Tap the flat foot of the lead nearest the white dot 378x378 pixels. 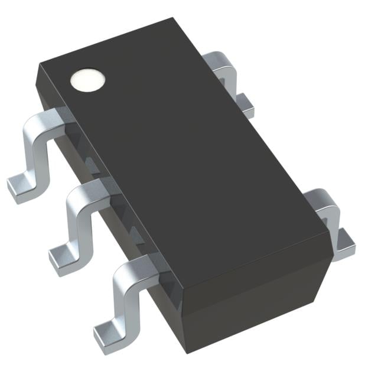(21, 188)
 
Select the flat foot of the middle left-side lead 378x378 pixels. (61, 258)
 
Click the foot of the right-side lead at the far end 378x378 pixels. (246, 106)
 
